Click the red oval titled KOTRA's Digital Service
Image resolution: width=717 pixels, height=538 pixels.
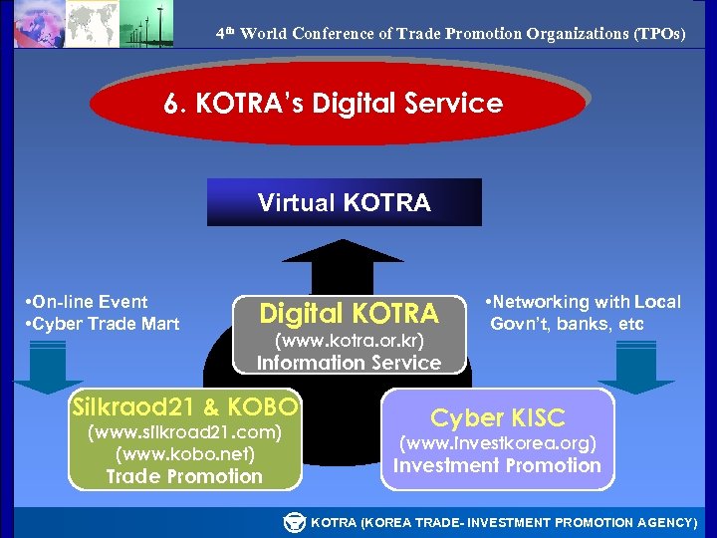(336, 103)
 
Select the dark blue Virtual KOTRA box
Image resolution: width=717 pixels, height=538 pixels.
(344, 202)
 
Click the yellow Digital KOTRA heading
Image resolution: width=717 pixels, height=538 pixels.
(349, 314)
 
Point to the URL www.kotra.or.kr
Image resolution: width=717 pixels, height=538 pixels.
(349, 342)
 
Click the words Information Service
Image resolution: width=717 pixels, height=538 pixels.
(349, 363)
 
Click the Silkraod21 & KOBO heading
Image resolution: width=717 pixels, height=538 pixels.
(185, 406)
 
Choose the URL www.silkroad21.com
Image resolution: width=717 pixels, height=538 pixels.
(185, 432)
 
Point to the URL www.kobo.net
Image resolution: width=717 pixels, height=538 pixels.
(185, 454)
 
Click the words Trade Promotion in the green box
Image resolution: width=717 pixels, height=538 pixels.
(185, 476)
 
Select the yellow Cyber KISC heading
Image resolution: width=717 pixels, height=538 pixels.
(497, 417)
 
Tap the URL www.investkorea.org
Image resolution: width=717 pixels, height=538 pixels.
(497, 443)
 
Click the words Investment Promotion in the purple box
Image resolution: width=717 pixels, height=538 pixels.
(497, 465)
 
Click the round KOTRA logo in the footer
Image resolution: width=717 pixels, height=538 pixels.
(295, 522)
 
